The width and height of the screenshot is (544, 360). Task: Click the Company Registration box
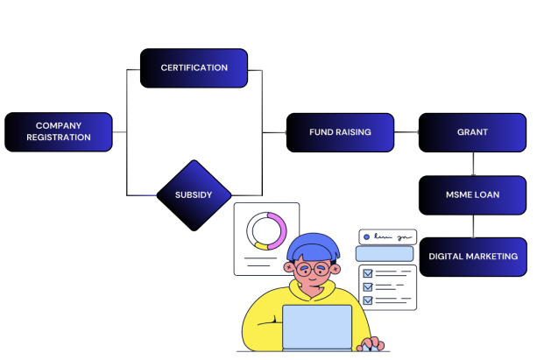59,131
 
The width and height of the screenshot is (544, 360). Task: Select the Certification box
194,67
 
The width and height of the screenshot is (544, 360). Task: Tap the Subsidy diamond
194,194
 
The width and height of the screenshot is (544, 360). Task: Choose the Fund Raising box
340,132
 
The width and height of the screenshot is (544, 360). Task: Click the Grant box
472,132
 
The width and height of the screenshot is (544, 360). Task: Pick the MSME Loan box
472,194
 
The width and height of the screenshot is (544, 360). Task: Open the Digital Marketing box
472,257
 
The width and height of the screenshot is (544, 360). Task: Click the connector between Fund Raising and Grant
406,132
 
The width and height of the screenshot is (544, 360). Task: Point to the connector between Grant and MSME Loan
473,164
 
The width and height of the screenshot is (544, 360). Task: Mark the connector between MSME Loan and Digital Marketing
473,226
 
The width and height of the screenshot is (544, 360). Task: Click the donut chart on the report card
266,231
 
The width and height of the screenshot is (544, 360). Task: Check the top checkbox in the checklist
368,273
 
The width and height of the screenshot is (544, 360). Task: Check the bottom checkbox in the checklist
368,300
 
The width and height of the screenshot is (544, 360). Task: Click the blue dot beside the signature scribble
366,236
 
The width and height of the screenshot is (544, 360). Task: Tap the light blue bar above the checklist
385,253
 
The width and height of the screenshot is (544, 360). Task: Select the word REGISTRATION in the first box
59,138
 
